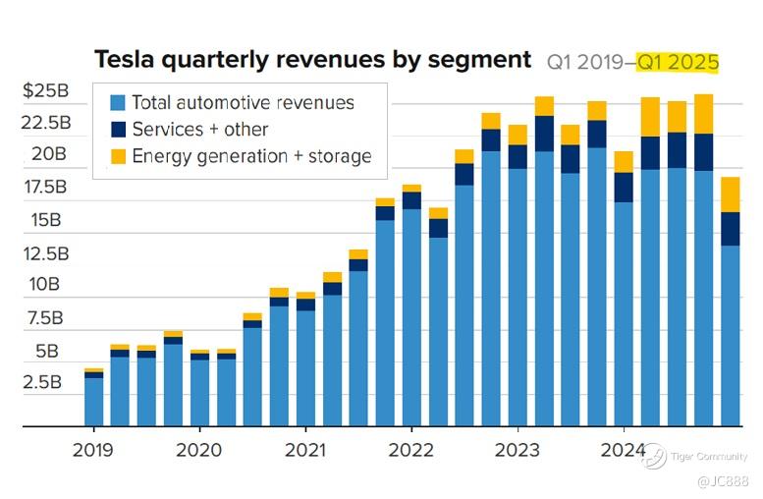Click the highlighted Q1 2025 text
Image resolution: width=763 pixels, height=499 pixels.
[x=678, y=63]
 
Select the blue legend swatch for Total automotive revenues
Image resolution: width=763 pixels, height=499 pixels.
[x=118, y=102]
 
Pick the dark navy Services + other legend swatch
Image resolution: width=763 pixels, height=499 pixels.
[x=118, y=129]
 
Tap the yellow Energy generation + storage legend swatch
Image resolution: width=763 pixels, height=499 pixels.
[x=118, y=155]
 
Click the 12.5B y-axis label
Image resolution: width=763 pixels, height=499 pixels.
[x=47, y=253]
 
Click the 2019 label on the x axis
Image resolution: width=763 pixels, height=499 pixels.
[x=93, y=450]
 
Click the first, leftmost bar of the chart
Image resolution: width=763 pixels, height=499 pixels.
[x=93, y=401]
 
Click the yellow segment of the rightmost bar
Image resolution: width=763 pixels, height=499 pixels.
[x=730, y=194]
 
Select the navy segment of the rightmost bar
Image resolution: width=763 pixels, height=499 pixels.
[x=730, y=229]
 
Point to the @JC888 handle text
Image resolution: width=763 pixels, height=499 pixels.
[x=723, y=481]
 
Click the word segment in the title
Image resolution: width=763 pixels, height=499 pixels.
[x=480, y=60]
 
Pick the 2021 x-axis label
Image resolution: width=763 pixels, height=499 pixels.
[x=304, y=450]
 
